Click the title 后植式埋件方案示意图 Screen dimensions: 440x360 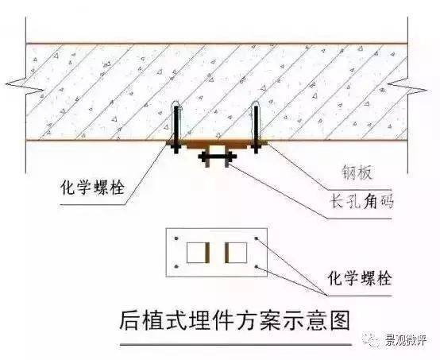pyautogui.click(x=234, y=320)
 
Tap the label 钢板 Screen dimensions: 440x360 pyautogui.click(x=357, y=172)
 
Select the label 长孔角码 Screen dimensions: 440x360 pyautogui.click(x=362, y=201)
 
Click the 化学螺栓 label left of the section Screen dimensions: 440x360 pyautogui.click(x=93, y=187)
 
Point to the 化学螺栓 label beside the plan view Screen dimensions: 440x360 pyautogui.click(x=360, y=278)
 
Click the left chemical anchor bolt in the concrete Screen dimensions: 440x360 pyautogui.click(x=176, y=128)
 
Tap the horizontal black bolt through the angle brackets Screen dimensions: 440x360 pyautogui.click(x=218, y=156)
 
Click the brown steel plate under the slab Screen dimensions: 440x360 pyautogui.click(x=216, y=144)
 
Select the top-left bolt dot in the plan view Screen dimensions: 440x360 pyautogui.click(x=176, y=238)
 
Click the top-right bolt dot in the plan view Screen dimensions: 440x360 pyautogui.click(x=257, y=238)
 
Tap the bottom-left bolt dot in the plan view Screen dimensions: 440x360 pyautogui.click(x=176, y=266)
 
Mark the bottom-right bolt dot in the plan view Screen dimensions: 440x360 pyautogui.click(x=257, y=266)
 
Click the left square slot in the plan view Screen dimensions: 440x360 pyautogui.click(x=196, y=253)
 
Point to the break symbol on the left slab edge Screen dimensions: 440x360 pyautogui.click(x=25, y=85)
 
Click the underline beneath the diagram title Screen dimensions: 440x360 pyautogui.click(x=236, y=345)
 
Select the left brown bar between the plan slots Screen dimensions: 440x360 pyautogui.click(x=207, y=253)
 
